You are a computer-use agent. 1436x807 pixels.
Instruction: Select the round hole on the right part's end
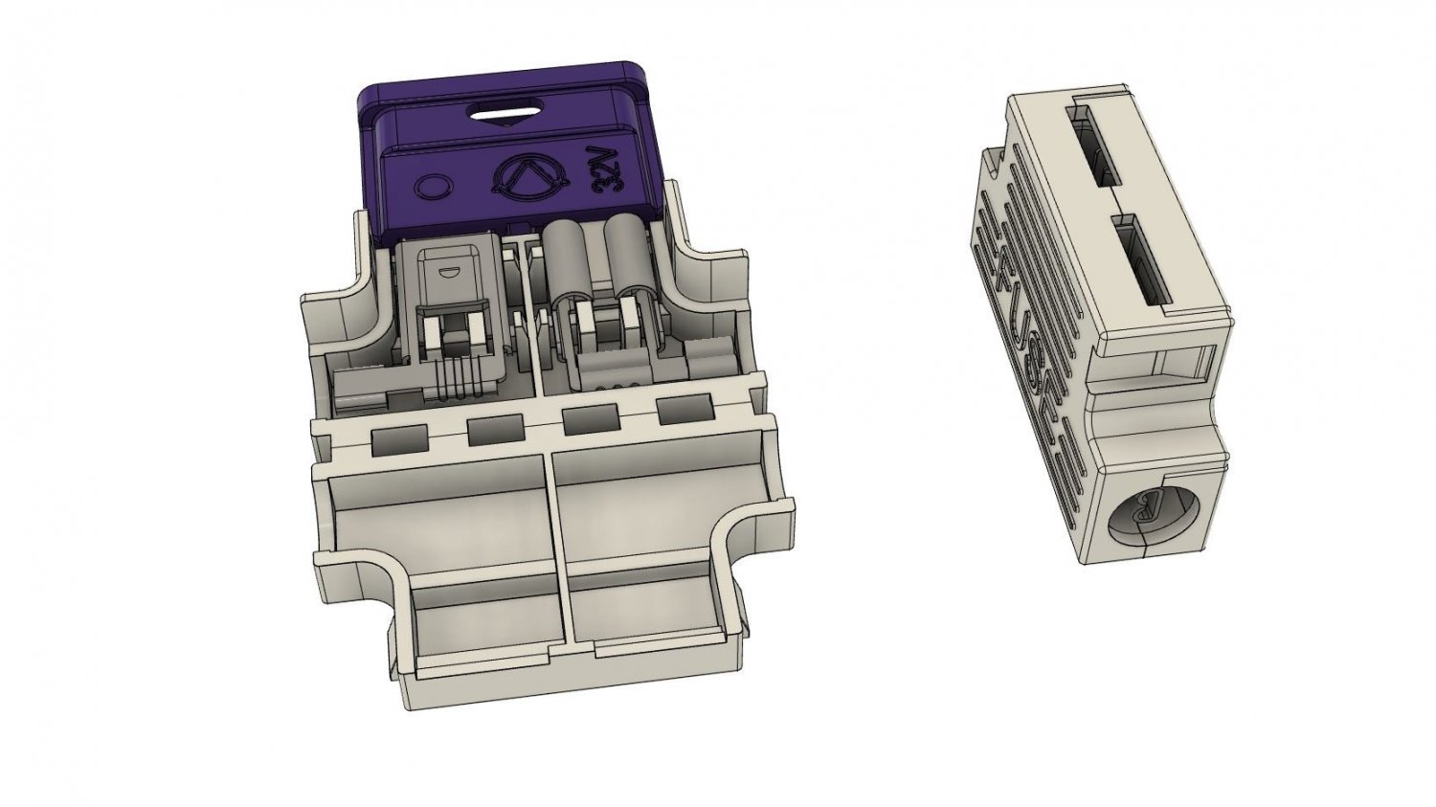coord(1148,518)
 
